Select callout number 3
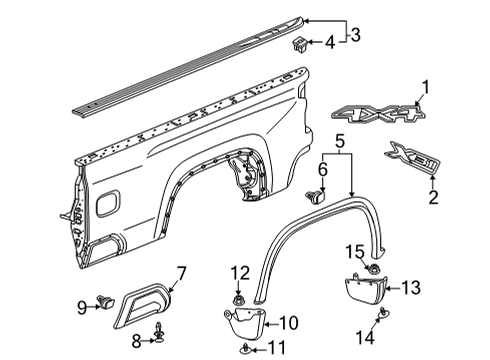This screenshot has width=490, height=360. point(354,35)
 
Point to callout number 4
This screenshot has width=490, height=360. point(329,42)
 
